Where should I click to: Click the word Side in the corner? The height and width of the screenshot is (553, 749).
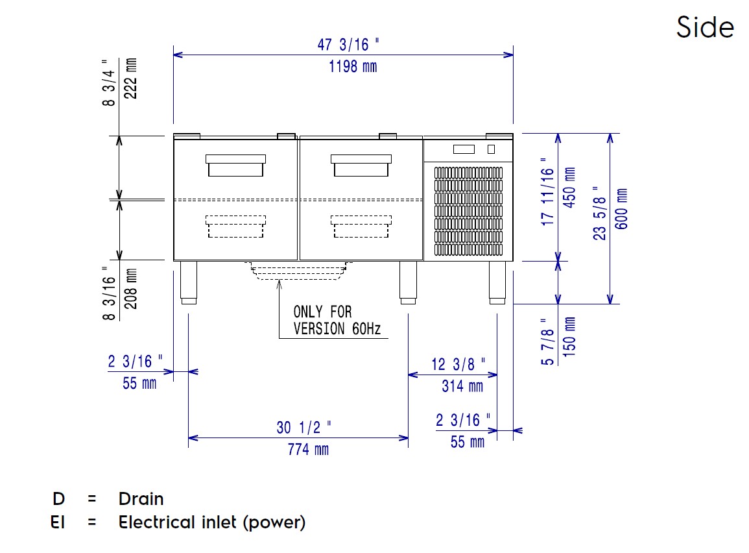[705, 27]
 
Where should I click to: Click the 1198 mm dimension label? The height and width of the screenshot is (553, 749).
[352, 66]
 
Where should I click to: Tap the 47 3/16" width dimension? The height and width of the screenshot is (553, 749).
[348, 45]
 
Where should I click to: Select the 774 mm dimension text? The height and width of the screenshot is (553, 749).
[308, 449]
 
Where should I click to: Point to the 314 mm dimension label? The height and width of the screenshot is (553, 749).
[462, 386]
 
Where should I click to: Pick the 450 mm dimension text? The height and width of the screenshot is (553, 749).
[570, 188]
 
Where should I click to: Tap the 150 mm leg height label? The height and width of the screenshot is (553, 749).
[570, 338]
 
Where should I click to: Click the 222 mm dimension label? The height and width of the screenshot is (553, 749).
[130, 78]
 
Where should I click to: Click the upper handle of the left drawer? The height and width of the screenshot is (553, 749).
[235, 166]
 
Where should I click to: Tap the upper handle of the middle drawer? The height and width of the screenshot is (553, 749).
[361, 166]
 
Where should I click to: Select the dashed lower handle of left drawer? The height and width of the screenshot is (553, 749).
[235, 227]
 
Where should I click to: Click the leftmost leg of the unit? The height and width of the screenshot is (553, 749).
[188, 282]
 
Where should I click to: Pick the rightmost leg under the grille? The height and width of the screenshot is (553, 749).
[497, 282]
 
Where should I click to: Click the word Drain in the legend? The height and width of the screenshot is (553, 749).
[141, 499]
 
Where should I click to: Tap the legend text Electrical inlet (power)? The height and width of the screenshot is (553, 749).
[211, 522]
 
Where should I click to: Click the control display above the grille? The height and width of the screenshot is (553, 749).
[464, 149]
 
